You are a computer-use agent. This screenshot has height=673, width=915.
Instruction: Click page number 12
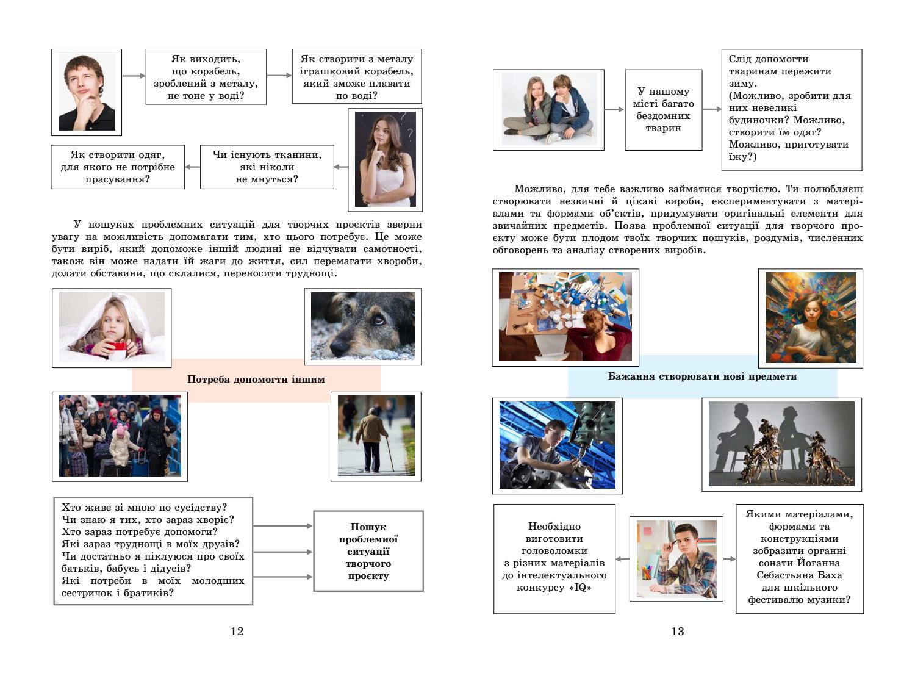pos(237,632)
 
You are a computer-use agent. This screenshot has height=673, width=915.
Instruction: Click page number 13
pos(677,632)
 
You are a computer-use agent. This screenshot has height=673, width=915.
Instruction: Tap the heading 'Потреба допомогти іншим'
pos(256,380)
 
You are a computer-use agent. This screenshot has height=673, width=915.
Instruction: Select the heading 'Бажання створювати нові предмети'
pos(702,376)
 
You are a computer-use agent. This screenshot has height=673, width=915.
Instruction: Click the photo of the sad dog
pos(362,326)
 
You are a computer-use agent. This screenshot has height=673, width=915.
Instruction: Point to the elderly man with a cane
pos(376,435)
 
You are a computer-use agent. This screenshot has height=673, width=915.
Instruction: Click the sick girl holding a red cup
pos(112,328)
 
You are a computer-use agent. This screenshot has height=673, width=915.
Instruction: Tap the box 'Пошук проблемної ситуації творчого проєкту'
pos(368,552)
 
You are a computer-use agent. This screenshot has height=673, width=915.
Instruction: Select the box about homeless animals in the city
pos(663,110)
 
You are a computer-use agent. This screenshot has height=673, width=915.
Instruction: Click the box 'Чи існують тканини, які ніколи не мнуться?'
pos(267,167)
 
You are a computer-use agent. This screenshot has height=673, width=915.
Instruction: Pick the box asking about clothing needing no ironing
pos(118,167)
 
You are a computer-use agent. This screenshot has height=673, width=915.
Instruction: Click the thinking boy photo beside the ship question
pos(87,92)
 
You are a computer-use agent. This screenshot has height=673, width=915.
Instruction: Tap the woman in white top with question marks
pos(385,159)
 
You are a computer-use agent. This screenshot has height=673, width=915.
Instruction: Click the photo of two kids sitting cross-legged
pos(548,110)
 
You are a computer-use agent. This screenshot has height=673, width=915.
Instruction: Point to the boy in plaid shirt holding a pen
pos(676,558)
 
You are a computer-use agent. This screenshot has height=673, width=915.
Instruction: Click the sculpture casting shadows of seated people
pos(781,445)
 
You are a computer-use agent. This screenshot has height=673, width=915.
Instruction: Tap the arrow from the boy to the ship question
pos(134,76)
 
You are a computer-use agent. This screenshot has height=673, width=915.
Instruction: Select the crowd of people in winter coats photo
pos(120,436)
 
